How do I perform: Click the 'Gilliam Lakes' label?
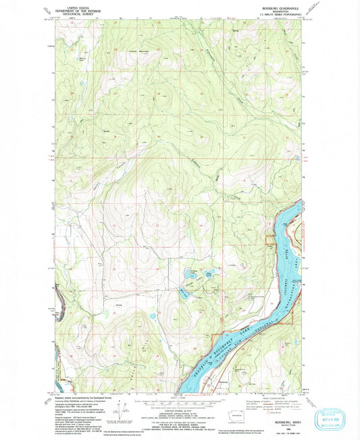coord(196,269)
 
